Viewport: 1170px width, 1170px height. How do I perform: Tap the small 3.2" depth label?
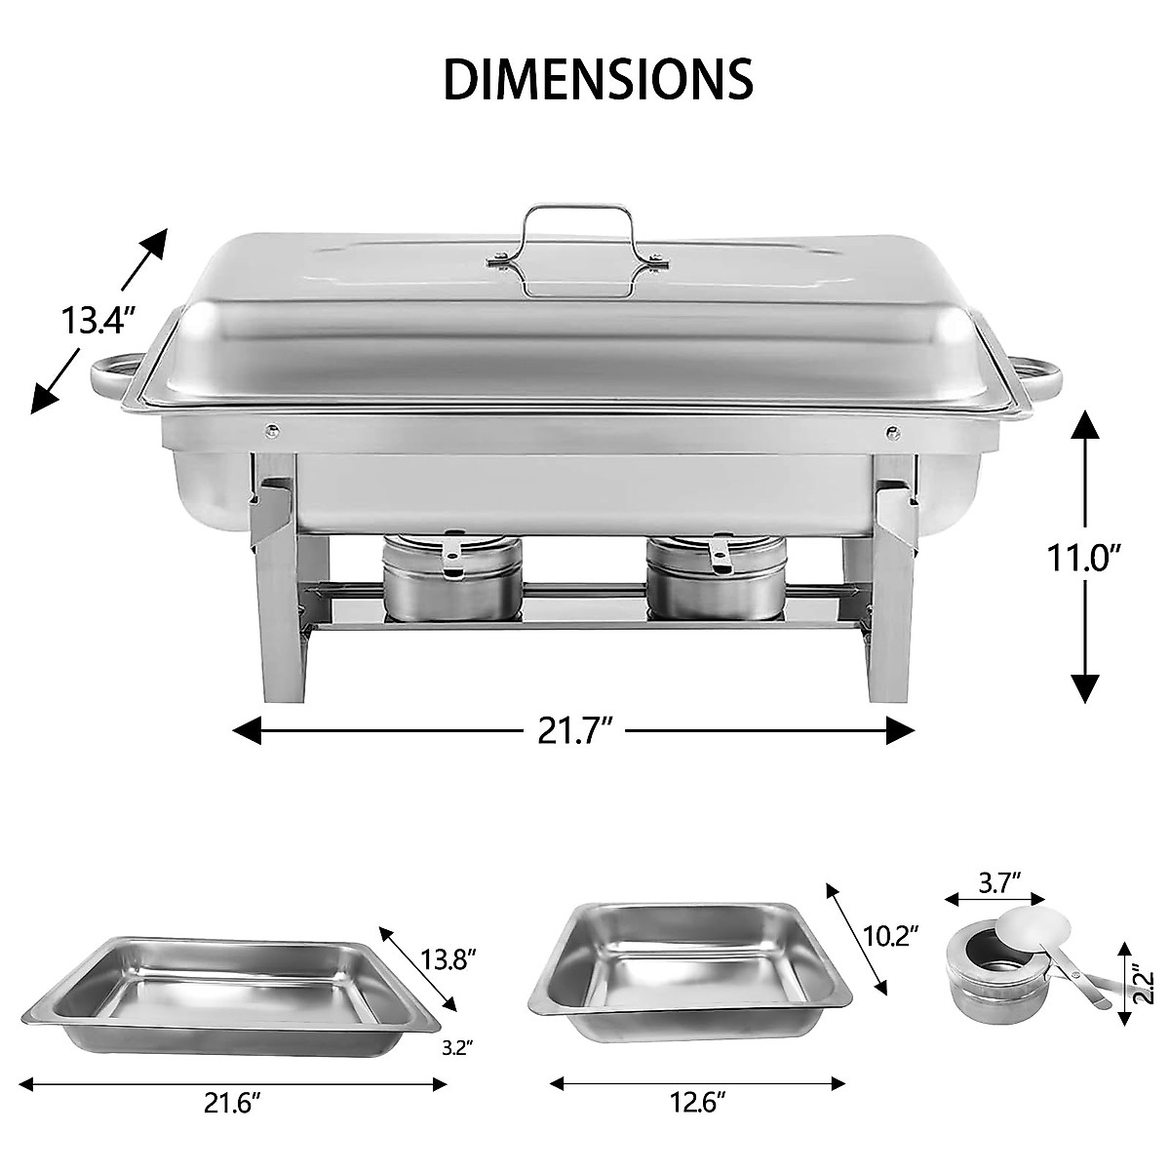point(456,1048)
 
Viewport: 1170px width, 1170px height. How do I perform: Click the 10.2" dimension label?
point(890,936)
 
